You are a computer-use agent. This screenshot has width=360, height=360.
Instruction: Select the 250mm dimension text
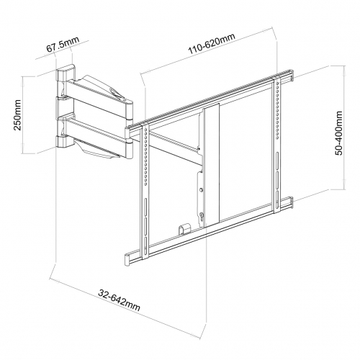point(17,115)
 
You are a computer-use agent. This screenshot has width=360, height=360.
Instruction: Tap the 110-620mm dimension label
point(212,43)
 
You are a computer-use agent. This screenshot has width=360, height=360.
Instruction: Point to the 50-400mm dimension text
point(339,133)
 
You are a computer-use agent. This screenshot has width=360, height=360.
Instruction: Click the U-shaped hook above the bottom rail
point(184,229)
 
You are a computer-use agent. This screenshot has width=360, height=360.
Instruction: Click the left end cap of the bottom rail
point(128,259)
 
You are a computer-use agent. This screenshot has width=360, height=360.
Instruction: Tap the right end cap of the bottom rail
point(290,202)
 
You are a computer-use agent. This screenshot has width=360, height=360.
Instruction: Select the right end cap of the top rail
point(291,76)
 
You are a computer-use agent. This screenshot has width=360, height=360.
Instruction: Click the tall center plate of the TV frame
point(211,165)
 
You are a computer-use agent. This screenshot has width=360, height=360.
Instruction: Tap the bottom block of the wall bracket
point(66,141)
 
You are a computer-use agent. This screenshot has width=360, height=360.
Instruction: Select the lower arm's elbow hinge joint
point(128,149)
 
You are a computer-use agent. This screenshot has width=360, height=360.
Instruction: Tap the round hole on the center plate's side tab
point(201,190)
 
